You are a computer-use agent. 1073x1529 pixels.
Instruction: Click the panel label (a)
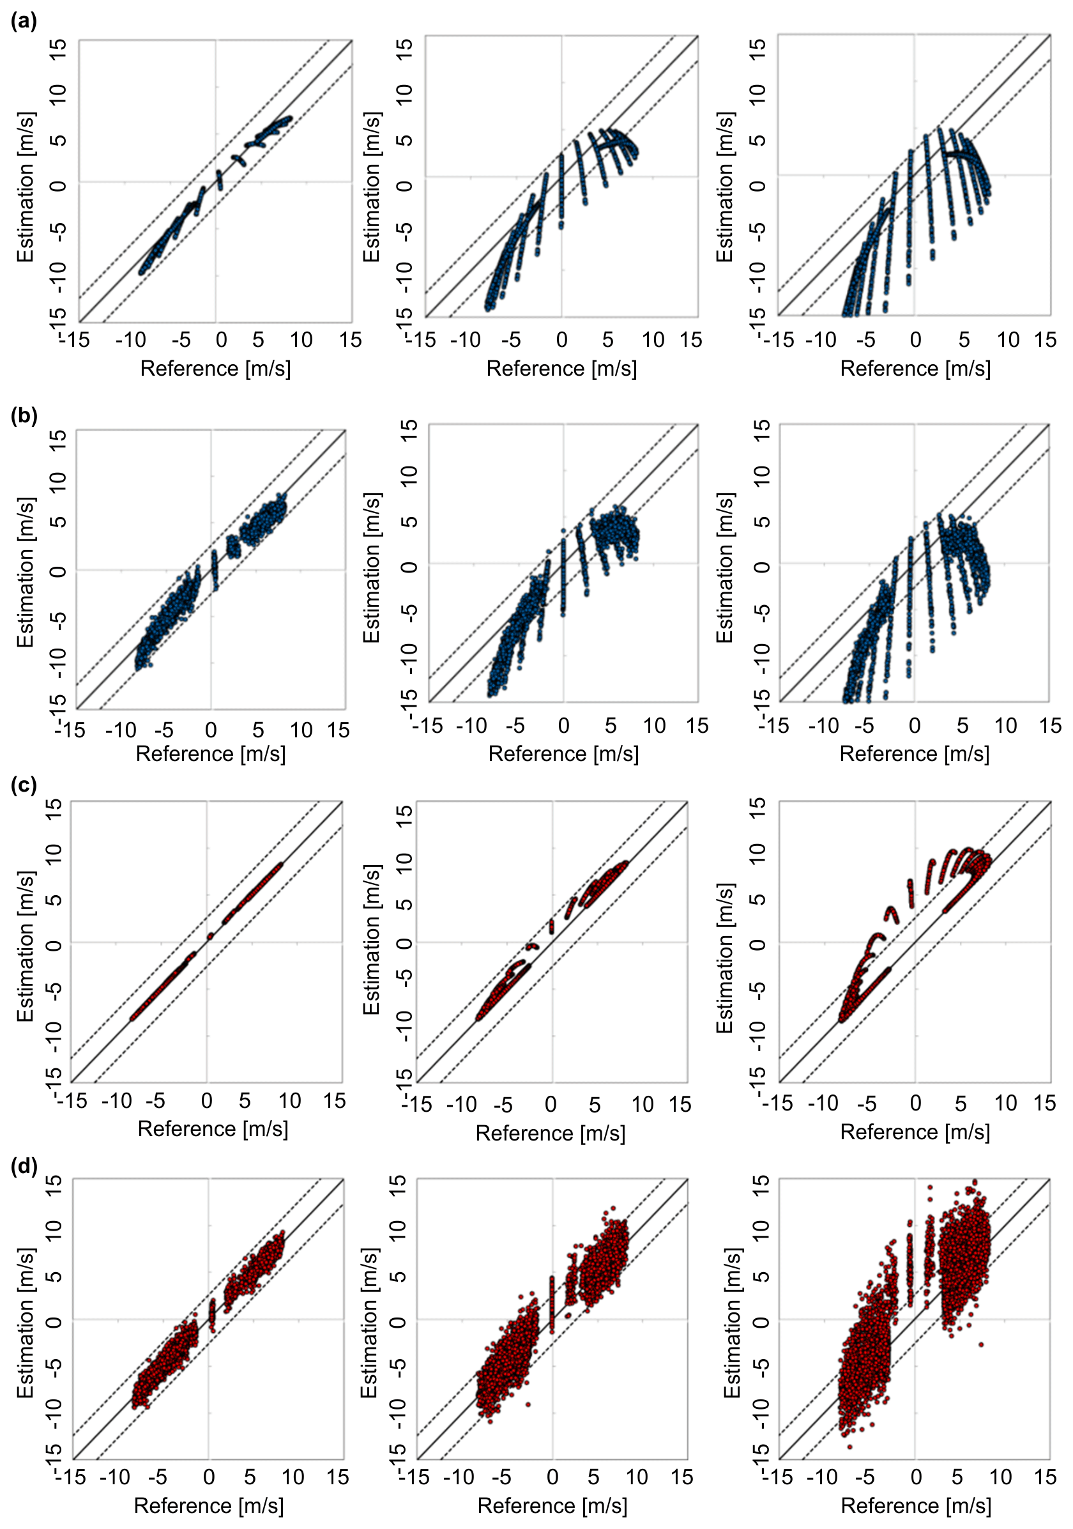(x=24, y=21)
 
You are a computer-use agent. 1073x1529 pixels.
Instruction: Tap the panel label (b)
(x=24, y=415)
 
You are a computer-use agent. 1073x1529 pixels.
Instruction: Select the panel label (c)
(x=24, y=785)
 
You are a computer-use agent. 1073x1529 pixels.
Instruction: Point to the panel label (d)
(x=24, y=1166)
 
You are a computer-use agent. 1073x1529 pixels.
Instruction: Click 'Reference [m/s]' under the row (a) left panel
(x=215, y=368)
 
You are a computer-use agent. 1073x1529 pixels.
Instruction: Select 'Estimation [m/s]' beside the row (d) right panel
(x=732, y=1323)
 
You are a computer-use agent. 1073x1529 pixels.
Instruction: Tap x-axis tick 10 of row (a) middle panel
(x=653, y=341)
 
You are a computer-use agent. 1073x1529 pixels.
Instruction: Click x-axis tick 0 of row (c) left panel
(x=206, y=1101)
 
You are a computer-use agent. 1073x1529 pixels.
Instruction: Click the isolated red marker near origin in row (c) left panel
(x=210, y=935)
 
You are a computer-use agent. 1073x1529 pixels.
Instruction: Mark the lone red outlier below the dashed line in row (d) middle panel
(x=528, y=1404)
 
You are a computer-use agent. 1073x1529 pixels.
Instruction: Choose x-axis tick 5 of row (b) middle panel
(x=611, y=726)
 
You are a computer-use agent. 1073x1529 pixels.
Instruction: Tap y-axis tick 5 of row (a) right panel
(x=757, y=140)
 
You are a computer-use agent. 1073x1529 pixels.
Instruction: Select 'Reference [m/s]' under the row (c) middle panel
(x=551, y=1133)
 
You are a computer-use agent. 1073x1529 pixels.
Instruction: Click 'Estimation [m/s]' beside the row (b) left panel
(x=26, y=571)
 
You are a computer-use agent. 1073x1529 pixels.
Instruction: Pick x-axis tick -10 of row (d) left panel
(x=114, y=1477)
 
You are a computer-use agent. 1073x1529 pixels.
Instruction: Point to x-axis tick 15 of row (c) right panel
(x=1044, y=1103)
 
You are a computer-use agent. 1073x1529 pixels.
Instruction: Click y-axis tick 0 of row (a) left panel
(x=59, y=184)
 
